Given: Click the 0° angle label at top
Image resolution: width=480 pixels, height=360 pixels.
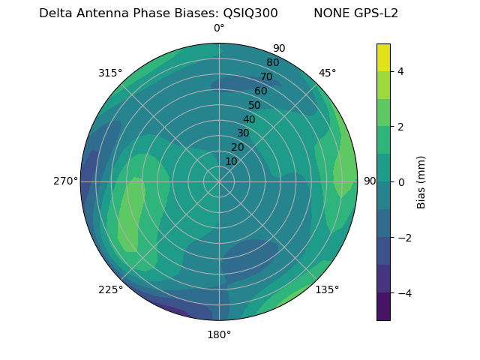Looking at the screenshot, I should [219, 28].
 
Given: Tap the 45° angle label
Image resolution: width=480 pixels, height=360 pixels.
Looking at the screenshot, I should [327, 73].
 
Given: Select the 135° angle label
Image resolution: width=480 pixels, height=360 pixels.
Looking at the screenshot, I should [327, 289].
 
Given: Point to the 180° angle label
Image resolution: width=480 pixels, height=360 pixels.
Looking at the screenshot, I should [219, 334].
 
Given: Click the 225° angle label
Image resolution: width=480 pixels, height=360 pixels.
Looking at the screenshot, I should [110, 290].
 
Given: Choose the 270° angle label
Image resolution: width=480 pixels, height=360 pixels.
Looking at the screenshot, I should [65, 181].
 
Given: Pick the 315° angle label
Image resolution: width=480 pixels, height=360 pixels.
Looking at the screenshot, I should [110, 73].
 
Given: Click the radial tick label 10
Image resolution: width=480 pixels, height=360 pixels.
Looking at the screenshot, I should [231, 161].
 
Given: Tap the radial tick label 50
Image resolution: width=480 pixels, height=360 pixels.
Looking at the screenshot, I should [254, 105].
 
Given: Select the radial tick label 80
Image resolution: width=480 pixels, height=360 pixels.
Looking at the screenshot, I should [272, 62].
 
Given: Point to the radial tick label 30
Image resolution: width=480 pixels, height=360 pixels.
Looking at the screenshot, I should [243, 133].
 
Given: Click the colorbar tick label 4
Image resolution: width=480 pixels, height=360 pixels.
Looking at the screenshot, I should [400, 71].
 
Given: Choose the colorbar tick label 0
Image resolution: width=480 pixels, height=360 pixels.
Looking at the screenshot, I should [400, 181].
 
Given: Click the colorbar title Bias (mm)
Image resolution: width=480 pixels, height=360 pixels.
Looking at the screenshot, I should [421, 181].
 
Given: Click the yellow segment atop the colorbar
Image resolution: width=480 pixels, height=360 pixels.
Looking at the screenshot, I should [383, 57].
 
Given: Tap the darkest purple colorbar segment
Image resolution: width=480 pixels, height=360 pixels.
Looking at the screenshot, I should [383, 307].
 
